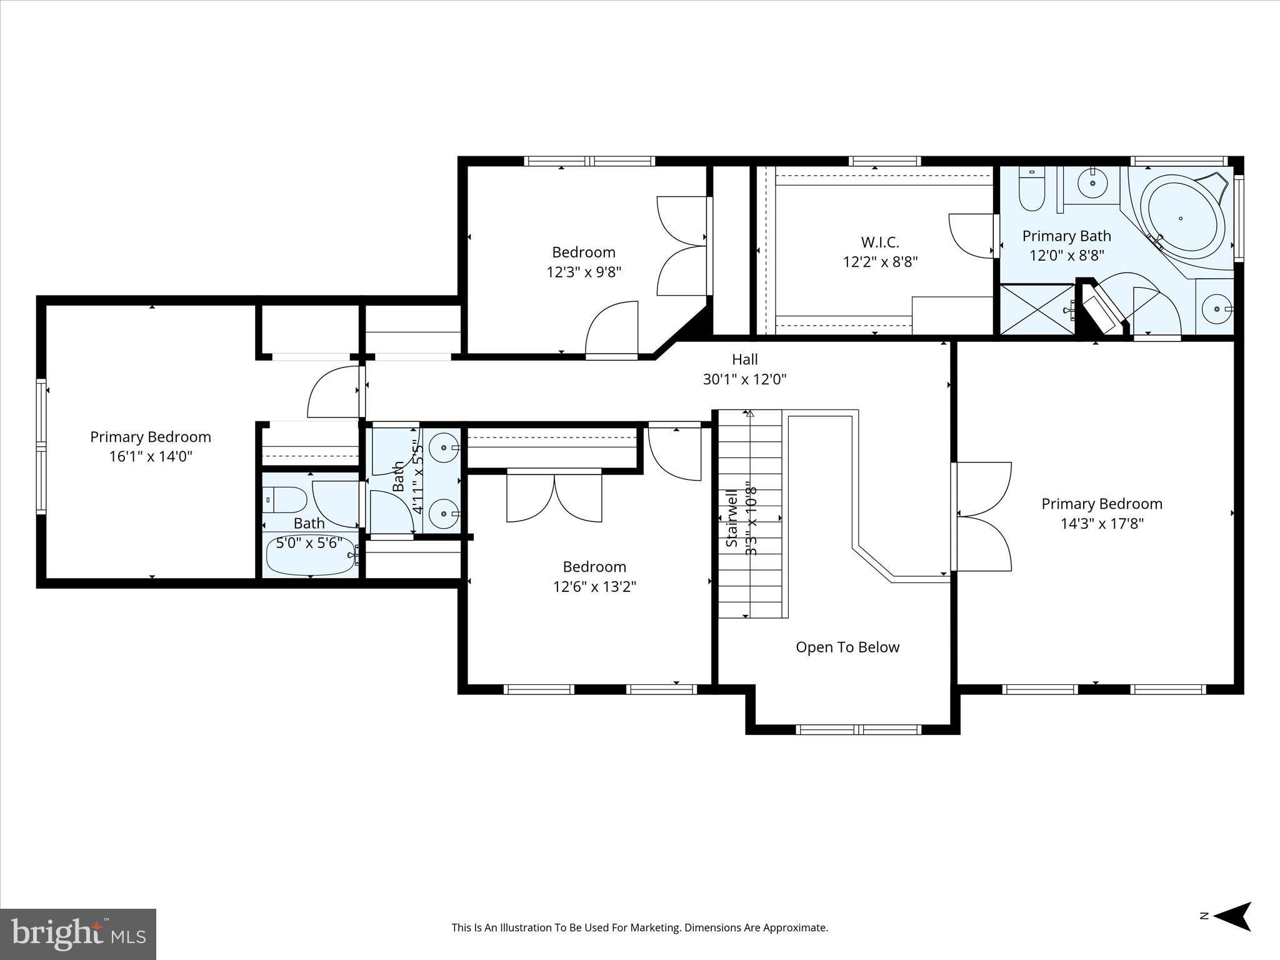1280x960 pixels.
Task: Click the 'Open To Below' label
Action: (x=847, y=647)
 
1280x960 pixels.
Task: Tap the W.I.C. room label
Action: (x=879, y=242)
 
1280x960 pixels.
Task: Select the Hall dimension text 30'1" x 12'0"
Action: (x=744, y=379)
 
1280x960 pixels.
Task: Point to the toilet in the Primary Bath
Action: (x=1031, y=189)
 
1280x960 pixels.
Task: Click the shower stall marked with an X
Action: (x=1036, y=310)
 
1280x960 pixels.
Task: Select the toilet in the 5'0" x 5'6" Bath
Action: (x=284, y=500)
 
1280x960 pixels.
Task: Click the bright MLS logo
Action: (x=78, y=934)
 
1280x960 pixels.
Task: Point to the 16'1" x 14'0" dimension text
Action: (x=151, y=456)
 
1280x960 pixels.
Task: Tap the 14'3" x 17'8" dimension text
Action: (x=1101, y=523)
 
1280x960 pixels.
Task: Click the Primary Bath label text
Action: (x=1066, y=236)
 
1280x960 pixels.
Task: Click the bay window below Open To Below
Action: (x=858, y=729)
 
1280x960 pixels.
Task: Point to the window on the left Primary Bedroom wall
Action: (x=41, y=446)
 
